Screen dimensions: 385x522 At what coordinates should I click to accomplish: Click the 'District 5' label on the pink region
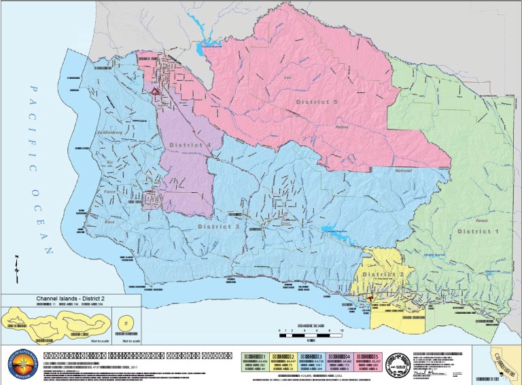[316, 102]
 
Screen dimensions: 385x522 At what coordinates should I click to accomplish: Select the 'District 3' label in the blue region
[218, 225]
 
